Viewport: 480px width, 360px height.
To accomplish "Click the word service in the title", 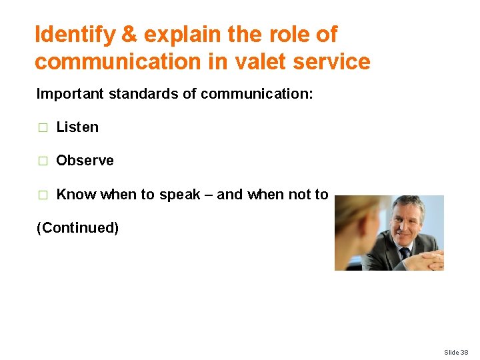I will [331, 62].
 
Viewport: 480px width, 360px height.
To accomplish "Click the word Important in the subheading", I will [69, 93].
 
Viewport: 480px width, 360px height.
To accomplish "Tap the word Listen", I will [77, 127].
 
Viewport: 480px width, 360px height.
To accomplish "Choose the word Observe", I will [85, 161].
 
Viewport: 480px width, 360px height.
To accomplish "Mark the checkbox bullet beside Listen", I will [43, 128].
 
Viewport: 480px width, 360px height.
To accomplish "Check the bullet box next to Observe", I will [43, 161].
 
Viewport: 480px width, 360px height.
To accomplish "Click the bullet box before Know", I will [43, 195].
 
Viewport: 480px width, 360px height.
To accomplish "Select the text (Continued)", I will [77, 228].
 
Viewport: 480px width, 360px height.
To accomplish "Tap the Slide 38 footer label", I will [456, 352].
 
